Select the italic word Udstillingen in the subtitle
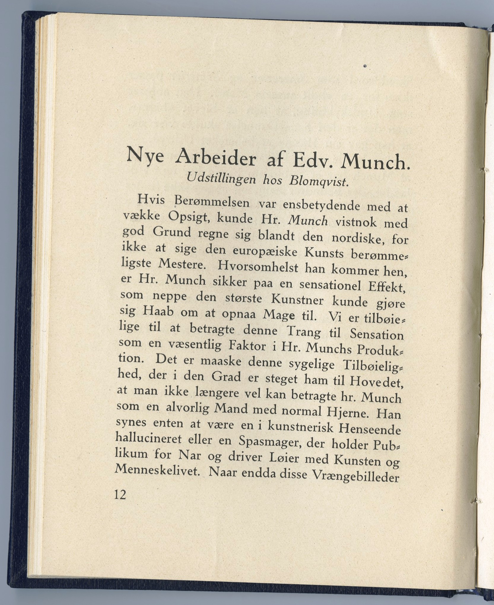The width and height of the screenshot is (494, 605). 219,179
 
